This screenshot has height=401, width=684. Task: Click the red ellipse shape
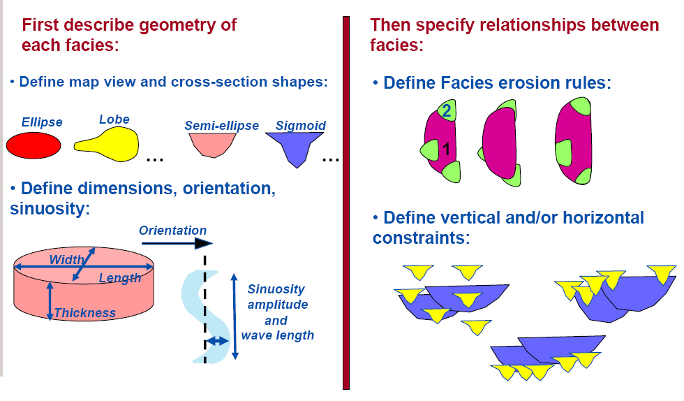click(34, 145)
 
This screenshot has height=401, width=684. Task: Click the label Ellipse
click(42, 122)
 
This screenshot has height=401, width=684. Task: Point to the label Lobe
click(114, 119)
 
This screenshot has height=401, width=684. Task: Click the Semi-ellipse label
click(222, 125)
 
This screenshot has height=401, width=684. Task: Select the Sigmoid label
click(301, 125)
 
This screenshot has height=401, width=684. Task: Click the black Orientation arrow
click(177, 243)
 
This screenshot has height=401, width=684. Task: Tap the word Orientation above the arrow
click(173, 231)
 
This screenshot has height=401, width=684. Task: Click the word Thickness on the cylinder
click(85, 313)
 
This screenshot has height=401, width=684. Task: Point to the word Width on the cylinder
click(66, 259)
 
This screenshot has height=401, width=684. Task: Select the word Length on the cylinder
click(120, 278)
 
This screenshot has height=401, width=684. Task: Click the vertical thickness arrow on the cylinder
click(50, 301)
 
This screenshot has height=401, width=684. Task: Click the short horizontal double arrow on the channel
click(217, 341)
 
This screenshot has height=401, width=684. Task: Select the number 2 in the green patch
click(446, 110)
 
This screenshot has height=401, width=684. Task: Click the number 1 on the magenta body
click(446, 150)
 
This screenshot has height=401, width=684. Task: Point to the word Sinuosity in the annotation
click(276, 289)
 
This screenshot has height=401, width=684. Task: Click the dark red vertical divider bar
click(346, 203)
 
